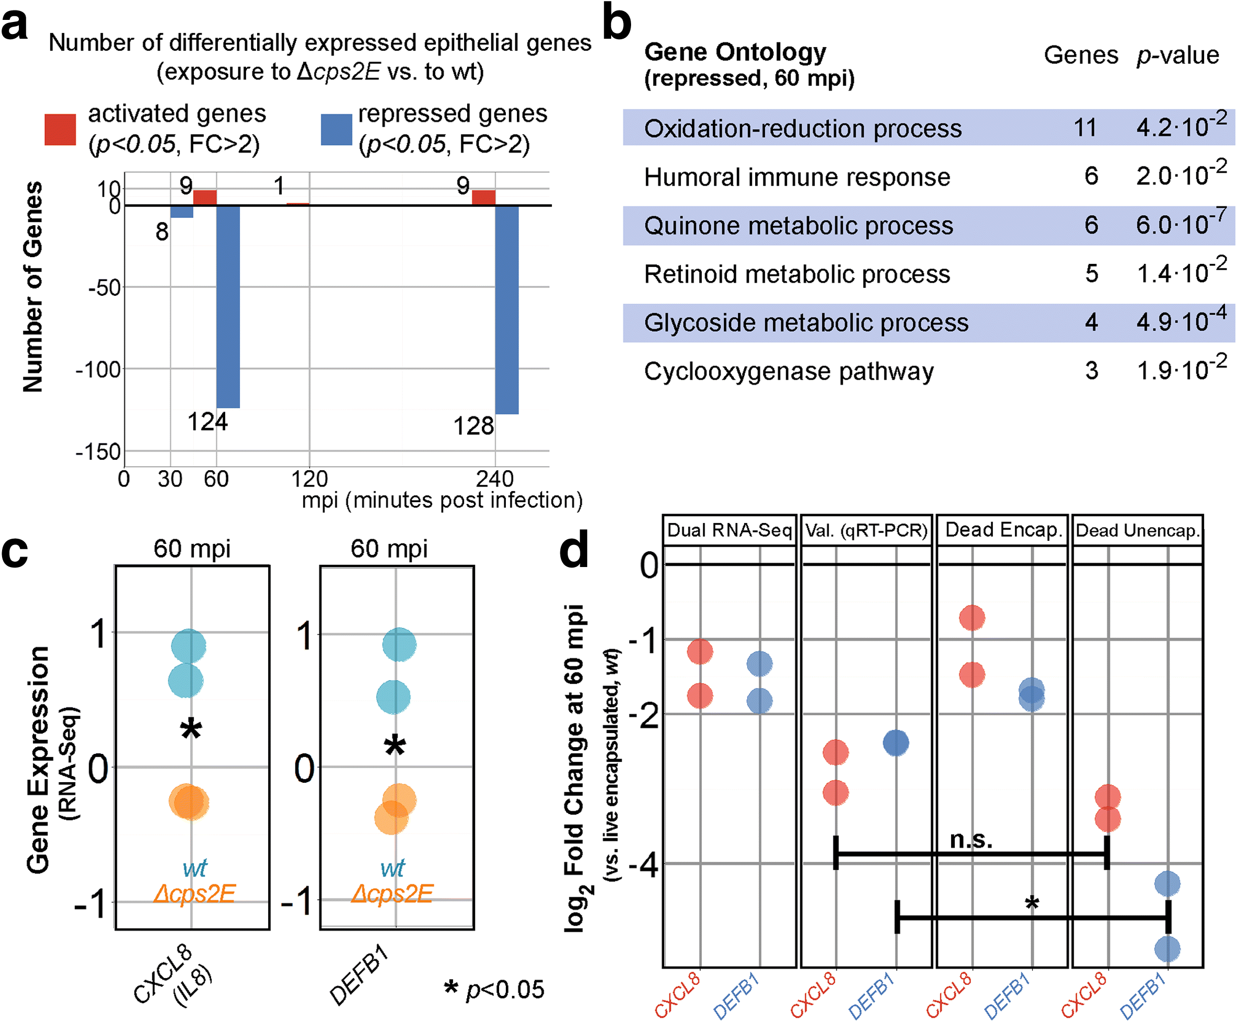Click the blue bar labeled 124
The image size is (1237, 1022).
click(x=228, y=306)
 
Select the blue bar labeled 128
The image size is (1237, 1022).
click(x=506, y=309)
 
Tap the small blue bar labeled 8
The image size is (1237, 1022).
click(x=182, y=212)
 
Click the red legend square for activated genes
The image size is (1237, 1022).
click(x=60, y=129)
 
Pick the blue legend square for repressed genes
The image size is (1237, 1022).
click(x=336, y=129)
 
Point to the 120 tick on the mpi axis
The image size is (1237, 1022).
click(x=310, y=479)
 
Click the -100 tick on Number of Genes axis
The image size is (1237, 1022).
click(x=98, y=370)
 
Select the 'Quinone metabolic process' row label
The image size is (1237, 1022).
click(x=798, y=226)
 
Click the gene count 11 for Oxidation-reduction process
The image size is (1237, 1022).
click(x=1085, y=128)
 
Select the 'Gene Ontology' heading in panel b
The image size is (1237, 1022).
click(x=735, y=52)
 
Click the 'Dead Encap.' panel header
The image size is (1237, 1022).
click(x=1003, y=530)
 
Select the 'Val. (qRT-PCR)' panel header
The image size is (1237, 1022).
click(x=866, y=530)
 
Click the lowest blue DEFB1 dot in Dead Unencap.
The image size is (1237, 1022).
click(x=1167, y=948)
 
